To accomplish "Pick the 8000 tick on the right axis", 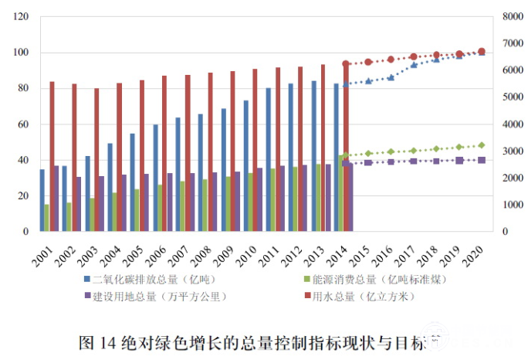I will pyautogui.click(x=510, y=17).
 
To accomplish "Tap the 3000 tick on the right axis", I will pyautogui.click(x=510, y=151).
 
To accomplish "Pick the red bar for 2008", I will pyautogui.click(x=210, y=151).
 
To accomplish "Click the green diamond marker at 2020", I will pyautogui.click(x=482, y=144).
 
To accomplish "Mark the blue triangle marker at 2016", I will pyautogui.click(x=391, y=77).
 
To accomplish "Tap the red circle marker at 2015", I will pyautogui.click(x=368, y=62).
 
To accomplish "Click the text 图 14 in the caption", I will pyautogui.click(x=98, y=341).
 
